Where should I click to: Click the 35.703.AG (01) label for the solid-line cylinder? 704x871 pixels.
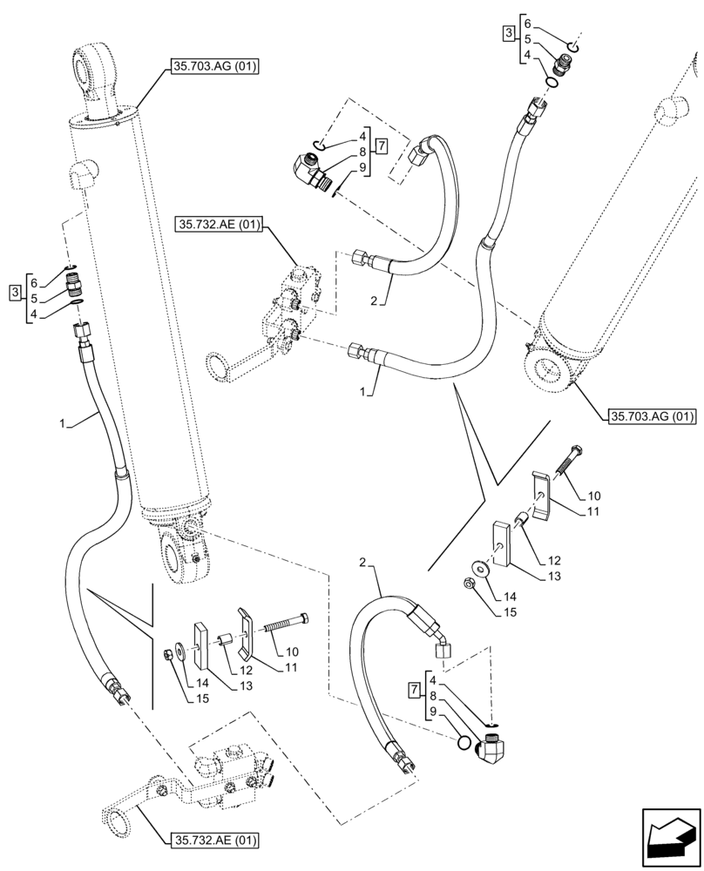pos(210,64)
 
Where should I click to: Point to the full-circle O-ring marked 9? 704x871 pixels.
pos(466,742)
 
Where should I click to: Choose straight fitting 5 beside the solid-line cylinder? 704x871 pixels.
pos(77,284)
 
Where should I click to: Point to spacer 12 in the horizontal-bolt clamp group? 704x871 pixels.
pos(225,640)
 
